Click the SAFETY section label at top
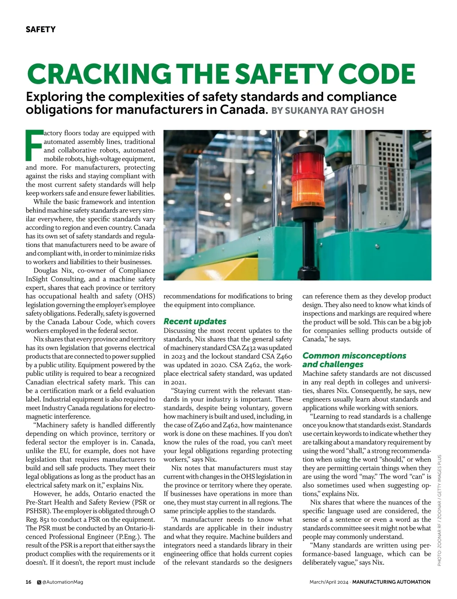pyautogui.click(x=40, y=29)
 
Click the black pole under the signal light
pyautogui.click(x=306, y=244)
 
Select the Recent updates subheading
pyautogui.click(x=195, y=321)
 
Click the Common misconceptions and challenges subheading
pyautogui.click(x=354, y=360)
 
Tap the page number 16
pyautogui.click(x=29, y=582)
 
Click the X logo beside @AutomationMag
pyautogui.click(x=39, y=582)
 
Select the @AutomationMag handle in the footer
pyautogui.click(x=62, y=582)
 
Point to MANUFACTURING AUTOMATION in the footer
pyautogui.click(x=391, y=582)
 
